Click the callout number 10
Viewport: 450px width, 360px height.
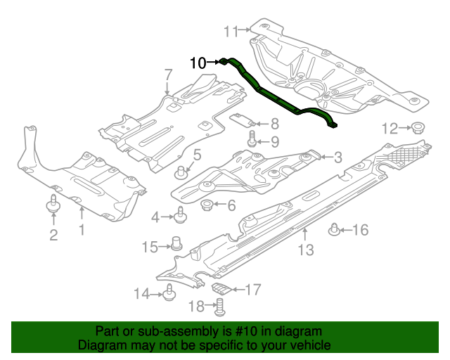coord(198,63)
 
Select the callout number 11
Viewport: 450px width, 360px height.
coord(231,30)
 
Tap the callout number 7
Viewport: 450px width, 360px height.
coord(168,75)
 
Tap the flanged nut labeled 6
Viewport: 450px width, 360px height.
coord(207,205)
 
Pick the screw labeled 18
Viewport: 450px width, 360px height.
coord(219,306)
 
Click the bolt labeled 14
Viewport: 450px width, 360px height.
coord(169,293)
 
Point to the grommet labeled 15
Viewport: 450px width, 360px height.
coord(177,245)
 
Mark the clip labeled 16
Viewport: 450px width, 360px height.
coord(335,229)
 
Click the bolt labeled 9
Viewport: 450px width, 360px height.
coord(252,141)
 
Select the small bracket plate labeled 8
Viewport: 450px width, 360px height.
coord(243,119)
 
